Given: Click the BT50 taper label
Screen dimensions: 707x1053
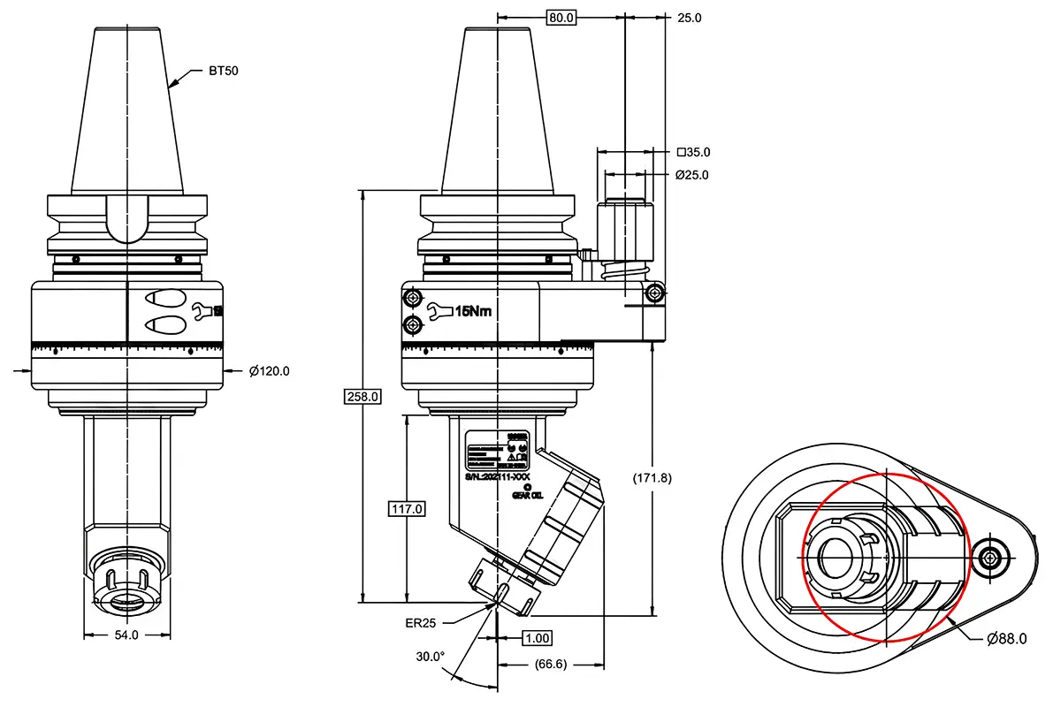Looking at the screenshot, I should point(224,71).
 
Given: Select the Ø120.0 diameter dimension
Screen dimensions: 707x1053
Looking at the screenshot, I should point(269,371).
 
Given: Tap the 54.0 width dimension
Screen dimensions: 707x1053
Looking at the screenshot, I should point(127,635).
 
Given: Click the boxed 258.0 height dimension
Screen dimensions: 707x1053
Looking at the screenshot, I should point(362,397).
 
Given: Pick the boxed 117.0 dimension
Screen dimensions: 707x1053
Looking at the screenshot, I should point(407,509).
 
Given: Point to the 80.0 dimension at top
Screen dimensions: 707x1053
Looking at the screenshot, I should point(561,18).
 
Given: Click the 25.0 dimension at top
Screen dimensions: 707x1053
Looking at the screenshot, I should point(689,18).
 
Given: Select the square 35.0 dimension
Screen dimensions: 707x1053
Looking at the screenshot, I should point(693,152).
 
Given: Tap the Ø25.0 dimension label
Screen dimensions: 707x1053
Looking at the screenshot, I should point(692,175).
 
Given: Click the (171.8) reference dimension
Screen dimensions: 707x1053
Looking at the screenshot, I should point(652,478).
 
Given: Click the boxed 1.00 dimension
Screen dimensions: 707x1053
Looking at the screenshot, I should point(537,638).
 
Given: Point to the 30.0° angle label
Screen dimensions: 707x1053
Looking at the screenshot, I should point(431,657).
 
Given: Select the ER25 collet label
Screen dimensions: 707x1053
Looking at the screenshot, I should point(421,623).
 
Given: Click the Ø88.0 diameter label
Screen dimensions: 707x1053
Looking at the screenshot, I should point(1006,639).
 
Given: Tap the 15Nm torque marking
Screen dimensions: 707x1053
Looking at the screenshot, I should point(473,311).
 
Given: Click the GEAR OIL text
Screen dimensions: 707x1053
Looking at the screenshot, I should point(527,495).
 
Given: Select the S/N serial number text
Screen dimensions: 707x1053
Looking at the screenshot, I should point(497,476).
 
